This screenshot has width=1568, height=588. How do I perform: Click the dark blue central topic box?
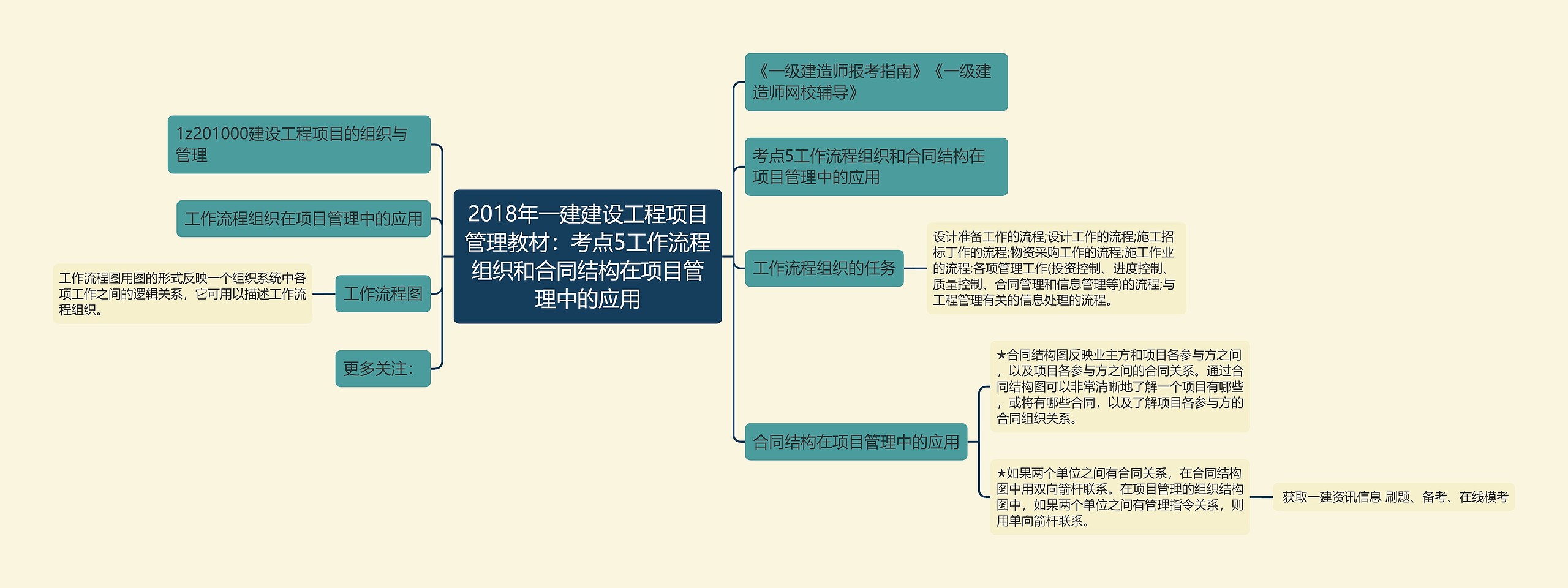pos(587,256)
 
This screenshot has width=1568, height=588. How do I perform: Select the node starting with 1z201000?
pos(299,145)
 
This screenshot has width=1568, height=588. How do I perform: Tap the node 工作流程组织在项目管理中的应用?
pos(303,219)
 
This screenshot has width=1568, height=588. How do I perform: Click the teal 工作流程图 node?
pos(383,293)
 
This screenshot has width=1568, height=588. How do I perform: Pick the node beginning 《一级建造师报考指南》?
pos(876,82)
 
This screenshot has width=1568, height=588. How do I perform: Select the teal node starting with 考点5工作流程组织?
pos(876,167)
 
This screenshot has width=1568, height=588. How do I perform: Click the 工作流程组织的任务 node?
pos(824,268)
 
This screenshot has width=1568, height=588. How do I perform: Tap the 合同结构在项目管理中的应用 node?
pos(856,442)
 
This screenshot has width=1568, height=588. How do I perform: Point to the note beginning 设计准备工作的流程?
pos(1056,268)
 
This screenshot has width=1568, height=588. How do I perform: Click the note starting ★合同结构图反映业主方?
pos(1120,386)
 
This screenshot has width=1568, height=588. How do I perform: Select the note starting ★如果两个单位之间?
pos(1120,497)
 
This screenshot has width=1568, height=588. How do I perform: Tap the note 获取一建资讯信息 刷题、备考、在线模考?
pos(1394,497)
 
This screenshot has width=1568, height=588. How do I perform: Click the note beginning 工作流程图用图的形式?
pos(183,294)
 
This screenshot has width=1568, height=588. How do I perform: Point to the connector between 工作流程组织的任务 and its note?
pos(915,268)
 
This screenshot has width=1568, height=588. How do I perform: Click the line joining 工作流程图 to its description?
pos(324,293)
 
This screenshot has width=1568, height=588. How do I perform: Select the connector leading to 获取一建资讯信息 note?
pos(1261,497)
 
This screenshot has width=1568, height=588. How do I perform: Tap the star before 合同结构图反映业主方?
pos(1001,355)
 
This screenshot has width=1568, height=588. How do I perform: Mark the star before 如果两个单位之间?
pos(1001,473)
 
